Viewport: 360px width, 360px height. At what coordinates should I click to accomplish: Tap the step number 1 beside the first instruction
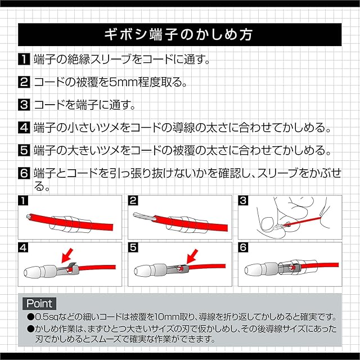[24, 59]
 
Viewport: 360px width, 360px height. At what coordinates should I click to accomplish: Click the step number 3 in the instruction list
[24, 105]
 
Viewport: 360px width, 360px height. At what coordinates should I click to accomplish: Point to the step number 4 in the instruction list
[24, 128]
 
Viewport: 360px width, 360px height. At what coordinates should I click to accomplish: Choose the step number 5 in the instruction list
[24, 151]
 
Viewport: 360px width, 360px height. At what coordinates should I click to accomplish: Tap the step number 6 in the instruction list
[24, 174]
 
